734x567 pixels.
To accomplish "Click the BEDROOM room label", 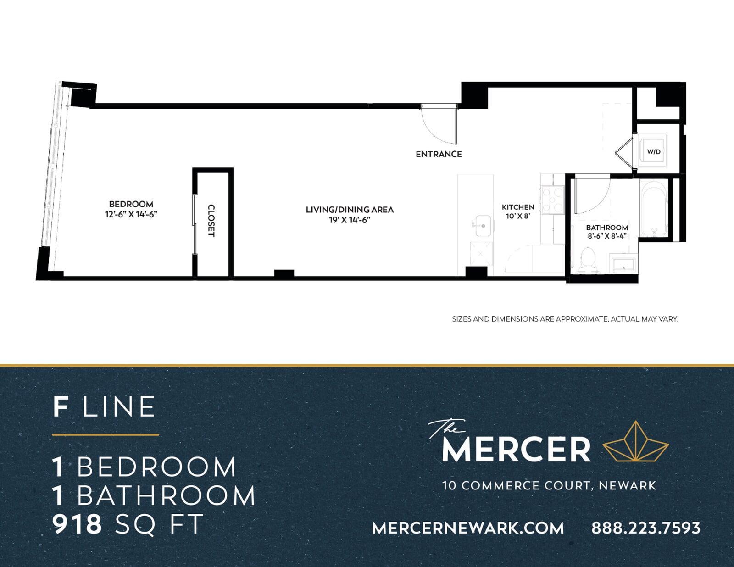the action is pyautogui.click(x=131, y=204).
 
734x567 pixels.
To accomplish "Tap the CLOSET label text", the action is pyautogui.click(x=211, y=221).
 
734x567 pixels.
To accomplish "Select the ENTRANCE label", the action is pyautogui.click(x=439, y=154).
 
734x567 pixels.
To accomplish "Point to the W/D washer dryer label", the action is pyautogui.click(x=654, y=152).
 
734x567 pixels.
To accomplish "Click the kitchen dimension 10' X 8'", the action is pyautogui.click(x=517, y=216).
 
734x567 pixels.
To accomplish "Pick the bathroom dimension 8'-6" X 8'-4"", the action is pyautogui.click(x=607, y=236).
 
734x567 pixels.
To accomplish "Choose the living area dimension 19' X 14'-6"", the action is pyautogui.click(x=350, y=220).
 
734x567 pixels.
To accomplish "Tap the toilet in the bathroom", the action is pyautogui.click(x=588, y=260).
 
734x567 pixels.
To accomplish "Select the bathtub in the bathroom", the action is pyautogui.click(x=654, y=208).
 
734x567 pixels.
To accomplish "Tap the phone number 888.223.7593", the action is pyautogui.click(x=646, y=528).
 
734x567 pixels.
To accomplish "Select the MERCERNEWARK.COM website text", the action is pyautogui.click(x=468, y=528).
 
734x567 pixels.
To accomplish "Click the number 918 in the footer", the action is pyautogui.click(x=77, y=524).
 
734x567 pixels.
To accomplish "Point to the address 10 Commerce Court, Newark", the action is pyautogui.click(x=549, y=486).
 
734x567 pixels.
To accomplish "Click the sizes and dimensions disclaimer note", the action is pyautogui.click(x=565, y=319).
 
